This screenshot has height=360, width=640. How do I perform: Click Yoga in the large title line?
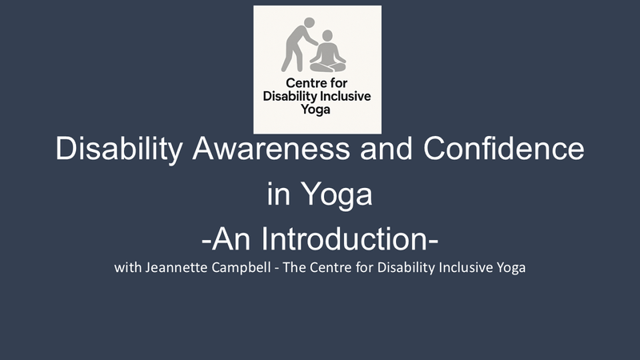(342, 194)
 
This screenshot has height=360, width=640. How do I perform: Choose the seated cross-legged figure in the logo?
(328, 54)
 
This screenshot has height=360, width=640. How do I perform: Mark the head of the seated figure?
(329, 37)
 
